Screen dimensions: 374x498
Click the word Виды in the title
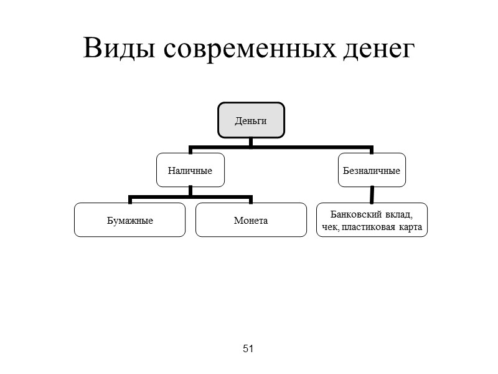tap(118, 48)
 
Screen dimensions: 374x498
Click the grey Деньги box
tap(250, 120)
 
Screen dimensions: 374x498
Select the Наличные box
tap(190, 170)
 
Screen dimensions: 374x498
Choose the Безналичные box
tap(372, 170)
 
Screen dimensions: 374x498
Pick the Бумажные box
tap(129, 220)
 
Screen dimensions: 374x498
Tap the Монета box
tap(251, 220)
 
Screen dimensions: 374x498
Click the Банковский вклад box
tap(372, 220)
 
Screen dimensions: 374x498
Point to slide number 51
tap(248, 348)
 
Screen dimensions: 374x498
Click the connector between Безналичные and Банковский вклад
tap(372, 195)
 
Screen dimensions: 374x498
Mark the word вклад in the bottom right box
tap(398, 214)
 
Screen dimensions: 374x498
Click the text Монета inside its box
tap(251, 221)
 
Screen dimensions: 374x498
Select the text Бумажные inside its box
tap(129, 221)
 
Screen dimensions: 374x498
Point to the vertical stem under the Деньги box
tap(250, 143)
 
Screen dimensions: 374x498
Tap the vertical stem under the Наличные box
tap(190, 193)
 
